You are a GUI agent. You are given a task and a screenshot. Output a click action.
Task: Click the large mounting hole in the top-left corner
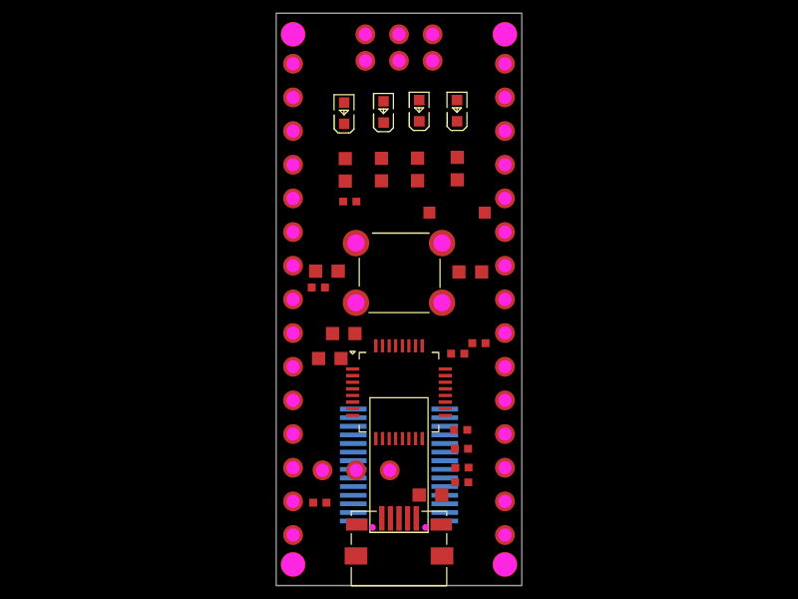(x=293, y=35)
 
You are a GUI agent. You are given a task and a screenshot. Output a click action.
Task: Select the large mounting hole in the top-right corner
(x=505, y=35)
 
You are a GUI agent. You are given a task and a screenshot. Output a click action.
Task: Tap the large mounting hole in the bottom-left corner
(x=293, y=564)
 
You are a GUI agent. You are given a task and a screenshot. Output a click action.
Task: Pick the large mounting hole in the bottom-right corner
(x=505, y=564)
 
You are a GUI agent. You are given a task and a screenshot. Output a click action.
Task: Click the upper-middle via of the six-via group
(x=399, y=35)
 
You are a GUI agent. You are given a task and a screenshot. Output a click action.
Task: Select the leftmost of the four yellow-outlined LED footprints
(x=344, y=113)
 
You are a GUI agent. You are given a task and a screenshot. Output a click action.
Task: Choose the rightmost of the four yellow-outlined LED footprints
(x=457, y=111)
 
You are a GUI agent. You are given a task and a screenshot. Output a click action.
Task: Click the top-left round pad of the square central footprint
(x=356, y=244)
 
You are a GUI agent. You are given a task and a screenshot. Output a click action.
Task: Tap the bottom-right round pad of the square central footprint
(x=442, y=302)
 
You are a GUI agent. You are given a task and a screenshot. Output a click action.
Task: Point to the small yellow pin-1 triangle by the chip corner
(x=353, y=352)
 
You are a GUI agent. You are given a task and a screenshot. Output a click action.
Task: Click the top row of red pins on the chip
(x=399, y=345)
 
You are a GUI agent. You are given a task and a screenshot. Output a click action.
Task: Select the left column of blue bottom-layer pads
(x=353, y=464)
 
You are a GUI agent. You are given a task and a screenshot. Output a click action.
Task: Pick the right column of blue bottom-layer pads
(x=445, y=464)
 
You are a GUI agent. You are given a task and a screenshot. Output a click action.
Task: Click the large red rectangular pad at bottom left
(x=356, y=556)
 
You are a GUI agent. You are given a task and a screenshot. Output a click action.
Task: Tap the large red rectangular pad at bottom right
(x=442, y=556)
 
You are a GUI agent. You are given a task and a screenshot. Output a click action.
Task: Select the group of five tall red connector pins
(x=399, y=518)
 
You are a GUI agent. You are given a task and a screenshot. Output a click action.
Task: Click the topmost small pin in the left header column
(x=293, y=64)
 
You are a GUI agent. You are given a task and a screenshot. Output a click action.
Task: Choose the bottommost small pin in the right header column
(x=505, y=535)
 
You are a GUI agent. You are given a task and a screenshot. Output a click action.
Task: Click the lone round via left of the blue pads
(x=322, y=470)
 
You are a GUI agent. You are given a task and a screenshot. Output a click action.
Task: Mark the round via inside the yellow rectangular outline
(x=390, y=470)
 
